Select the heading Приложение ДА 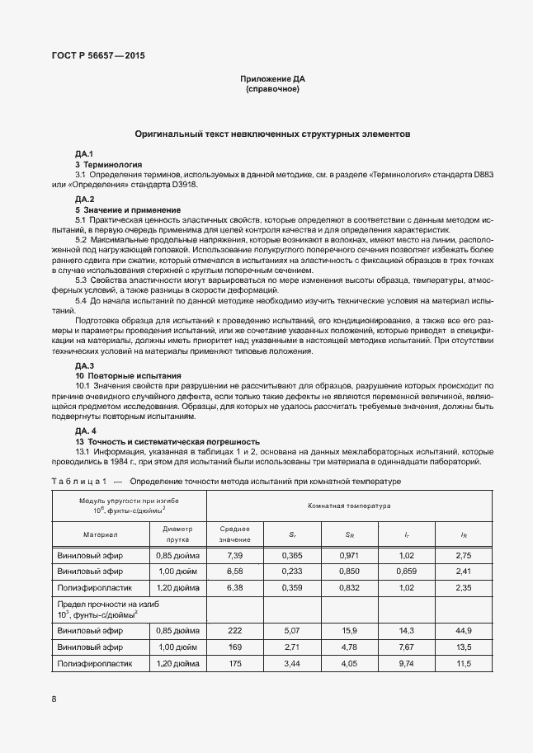pos(272,78)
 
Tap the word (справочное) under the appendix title pos(272,88)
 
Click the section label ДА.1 pos(84,154)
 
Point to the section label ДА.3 pos(84,365)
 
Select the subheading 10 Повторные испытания pos(121,375)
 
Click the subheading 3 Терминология pos(108,164)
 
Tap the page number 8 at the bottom pos(54,699)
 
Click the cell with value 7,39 pos(234,556)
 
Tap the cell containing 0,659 pos(407,570)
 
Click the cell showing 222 pos(234,631)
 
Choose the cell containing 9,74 pos(407,663)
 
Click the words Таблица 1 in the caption pos(77,481)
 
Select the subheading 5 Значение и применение pos(127,209)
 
